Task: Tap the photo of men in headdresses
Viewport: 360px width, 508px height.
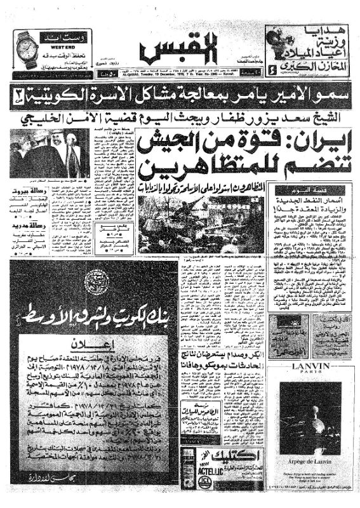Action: click(x=41, y=155)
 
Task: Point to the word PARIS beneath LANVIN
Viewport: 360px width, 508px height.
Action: click(x=309, y=376)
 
